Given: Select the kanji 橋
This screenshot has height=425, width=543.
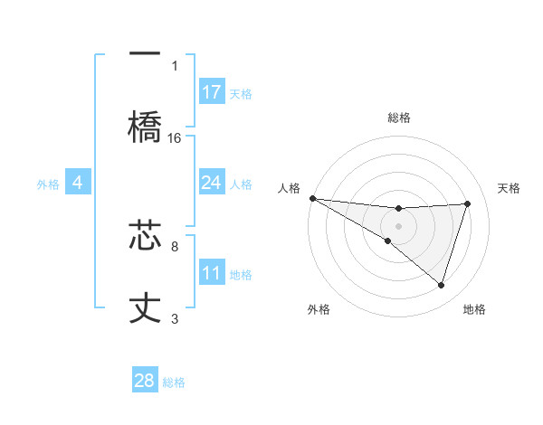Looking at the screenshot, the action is tap(145, 126).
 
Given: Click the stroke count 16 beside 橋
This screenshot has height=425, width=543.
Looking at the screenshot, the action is tap(175, 137).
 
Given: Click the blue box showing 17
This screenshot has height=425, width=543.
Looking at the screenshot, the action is tap(211, 92).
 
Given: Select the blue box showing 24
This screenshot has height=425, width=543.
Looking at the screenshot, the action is tap(211, 183).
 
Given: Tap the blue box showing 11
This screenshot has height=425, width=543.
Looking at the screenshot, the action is tap(211, 273).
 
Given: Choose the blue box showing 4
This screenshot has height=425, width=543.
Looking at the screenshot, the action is tap(78, 183).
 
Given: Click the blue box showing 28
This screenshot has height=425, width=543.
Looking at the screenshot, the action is tap(145, 381).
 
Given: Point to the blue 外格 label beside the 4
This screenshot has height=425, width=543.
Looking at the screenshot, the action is tap(48, 184).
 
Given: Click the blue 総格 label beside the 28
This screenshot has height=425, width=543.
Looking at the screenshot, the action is tap(174, 382).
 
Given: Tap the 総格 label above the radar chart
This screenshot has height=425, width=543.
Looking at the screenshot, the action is tap(398, 118).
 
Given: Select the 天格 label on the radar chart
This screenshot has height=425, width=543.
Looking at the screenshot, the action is tap(510, 188).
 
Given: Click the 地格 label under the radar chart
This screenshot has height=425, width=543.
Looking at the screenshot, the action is tap(474, 309).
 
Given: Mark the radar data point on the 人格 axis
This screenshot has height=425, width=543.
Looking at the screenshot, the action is tap(312, 197).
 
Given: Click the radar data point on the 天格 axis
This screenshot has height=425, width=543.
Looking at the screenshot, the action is tap(468, 203).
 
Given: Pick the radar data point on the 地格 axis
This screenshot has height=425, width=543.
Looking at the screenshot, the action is tap(442, 286).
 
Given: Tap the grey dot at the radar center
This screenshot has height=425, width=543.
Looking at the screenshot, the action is tap(398, 225).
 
